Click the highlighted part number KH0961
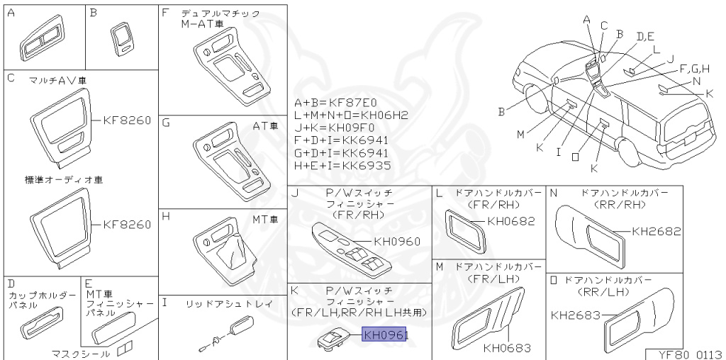(x=385, y=334)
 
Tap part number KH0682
(x=510, y=221)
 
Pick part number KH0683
(x=507, y=347)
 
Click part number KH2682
(x=656, y=231)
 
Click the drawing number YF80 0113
(x=685, y=352)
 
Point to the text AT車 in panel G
(x=265, y=125)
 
